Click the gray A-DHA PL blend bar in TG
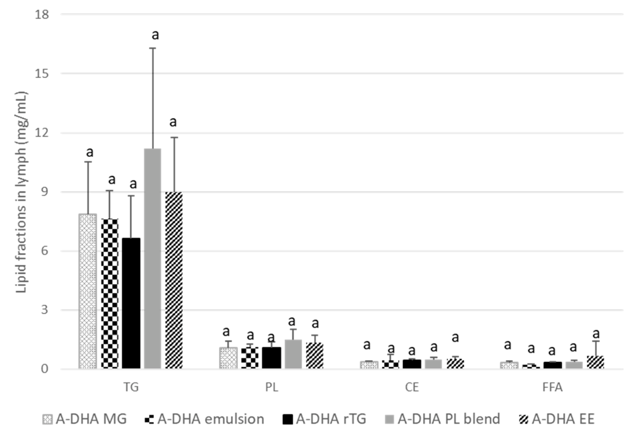(152, 259)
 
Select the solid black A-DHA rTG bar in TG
(131, 302)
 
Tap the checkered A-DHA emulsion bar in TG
(110, 294)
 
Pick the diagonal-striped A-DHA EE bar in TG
(174, 279)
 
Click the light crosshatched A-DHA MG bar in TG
(88, 291)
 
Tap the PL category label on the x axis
(271, 387)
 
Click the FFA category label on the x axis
(552, 387)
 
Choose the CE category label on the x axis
(412, 387)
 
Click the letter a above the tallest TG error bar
(155, 35)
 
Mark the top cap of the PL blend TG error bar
(152, 48)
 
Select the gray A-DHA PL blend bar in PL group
(293, 354)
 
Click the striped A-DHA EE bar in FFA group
(595, 362)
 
